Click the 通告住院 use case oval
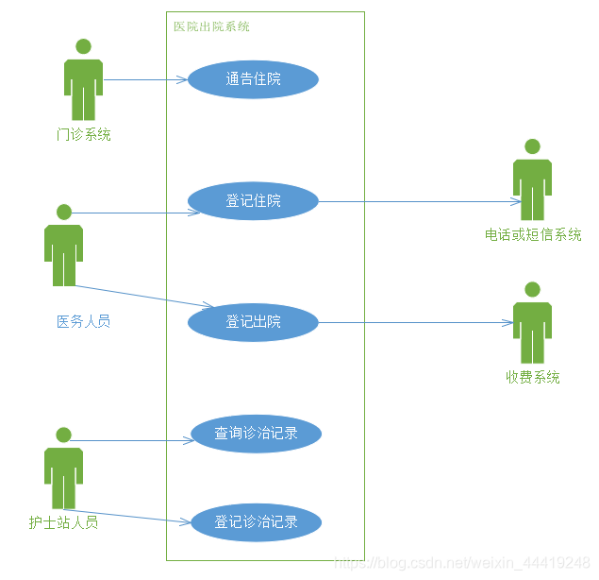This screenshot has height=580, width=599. pos(253,79)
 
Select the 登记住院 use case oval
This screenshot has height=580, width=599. pos(253,201)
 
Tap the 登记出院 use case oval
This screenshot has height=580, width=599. pos(253,322)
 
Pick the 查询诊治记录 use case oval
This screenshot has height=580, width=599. pos(256,434)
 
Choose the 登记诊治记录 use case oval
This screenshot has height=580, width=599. pos(256,521)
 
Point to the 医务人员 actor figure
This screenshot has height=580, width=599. pos(63,247)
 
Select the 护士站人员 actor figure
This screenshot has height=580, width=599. pos(63,470)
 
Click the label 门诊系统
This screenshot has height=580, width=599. pos(83,135)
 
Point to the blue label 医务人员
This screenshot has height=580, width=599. pos(83,321)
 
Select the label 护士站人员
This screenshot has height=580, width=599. pos(63,521)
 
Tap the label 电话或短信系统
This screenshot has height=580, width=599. pos(533,235)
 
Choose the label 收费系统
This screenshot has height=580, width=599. pos(532,377)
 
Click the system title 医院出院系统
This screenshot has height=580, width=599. pos(211,26)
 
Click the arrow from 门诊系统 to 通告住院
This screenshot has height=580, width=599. pos(146,80)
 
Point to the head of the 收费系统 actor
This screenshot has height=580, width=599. pos(532,289)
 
